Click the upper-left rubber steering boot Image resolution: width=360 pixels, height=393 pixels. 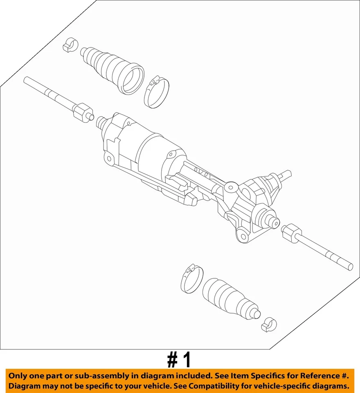[x=110, y=68]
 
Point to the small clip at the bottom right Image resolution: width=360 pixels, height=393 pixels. [x=269, y=324]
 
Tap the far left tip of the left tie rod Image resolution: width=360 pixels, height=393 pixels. [x=26, y=80]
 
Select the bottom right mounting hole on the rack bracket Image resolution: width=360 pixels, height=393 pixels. [x=243, y=236]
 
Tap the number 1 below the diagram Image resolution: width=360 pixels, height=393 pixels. [x=187, y=360]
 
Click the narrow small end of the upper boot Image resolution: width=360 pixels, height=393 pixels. [x=84, y=52]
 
